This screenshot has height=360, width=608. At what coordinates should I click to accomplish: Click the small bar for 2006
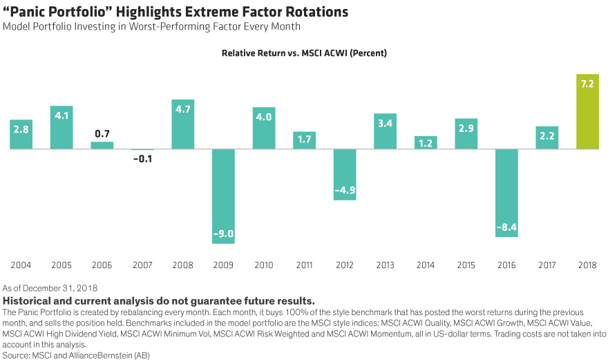tap(102, 145)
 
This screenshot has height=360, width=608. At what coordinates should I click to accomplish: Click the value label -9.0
tap(223, 234)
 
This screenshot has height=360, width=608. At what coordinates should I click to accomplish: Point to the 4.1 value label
tap(61, 115)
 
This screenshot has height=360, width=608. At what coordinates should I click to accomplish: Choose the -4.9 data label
tap(344, 190)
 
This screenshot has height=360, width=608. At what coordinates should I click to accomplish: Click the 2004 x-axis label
tap(21, 265)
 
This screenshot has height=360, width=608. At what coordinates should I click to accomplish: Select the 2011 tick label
tap(304, 265)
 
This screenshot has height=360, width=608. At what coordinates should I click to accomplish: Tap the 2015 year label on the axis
tap(466, 265)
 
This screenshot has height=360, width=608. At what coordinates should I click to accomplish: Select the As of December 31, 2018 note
tap(50, 287)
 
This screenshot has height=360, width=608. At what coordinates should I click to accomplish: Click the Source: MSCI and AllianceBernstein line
tap(76, 354)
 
